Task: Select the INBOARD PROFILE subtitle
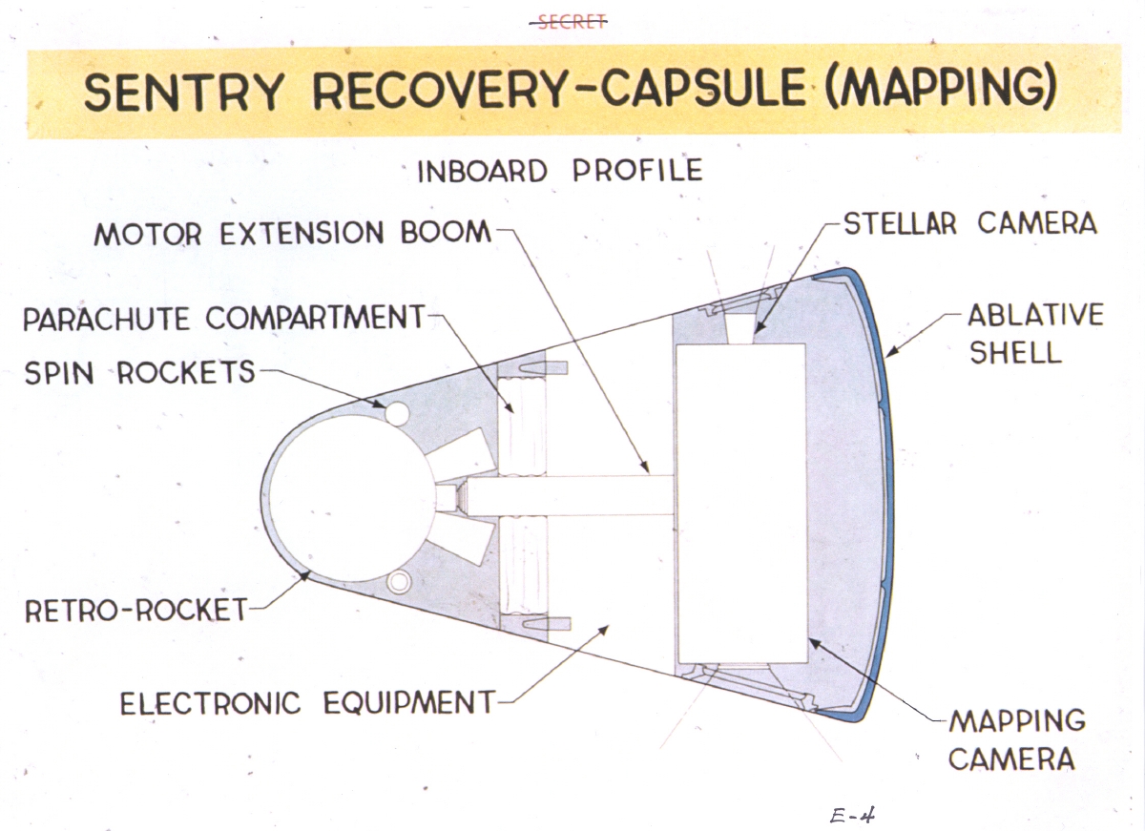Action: pos(560,172)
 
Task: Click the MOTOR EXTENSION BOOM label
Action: pos(292,234)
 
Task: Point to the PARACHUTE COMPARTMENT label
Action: pos(222,318)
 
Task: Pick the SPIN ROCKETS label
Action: pos(139,372)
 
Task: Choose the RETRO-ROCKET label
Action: pos(135,610)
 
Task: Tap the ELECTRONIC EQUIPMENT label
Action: pos(307,704)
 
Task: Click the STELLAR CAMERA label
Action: pos(970,224)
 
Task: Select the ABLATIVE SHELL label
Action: pos(1035,334)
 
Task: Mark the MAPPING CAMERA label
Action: pos(1017,739)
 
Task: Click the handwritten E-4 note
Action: pos(852,815)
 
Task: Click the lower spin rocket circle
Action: pos(398,580)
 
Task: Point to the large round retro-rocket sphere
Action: pos(348,497)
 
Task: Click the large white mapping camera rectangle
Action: pos(741,504)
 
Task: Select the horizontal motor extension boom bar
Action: pos(572,496)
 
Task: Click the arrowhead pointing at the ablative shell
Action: pos(890,354)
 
